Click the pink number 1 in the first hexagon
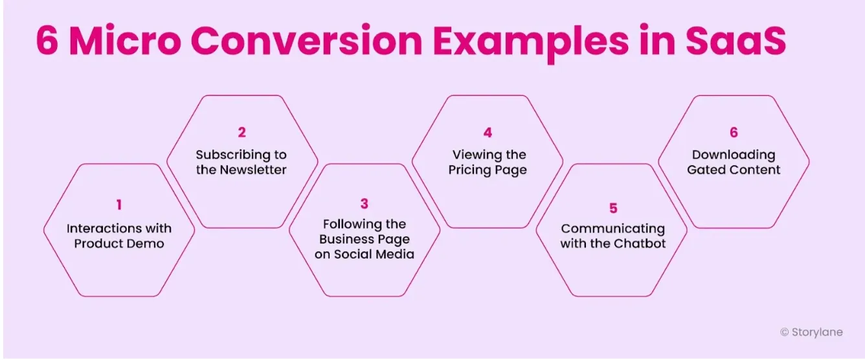[x=119, y=205]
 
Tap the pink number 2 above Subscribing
[x=242, y=133]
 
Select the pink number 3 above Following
[x=365, y=204]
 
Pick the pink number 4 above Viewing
[x=488, y=133]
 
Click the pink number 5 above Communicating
[x=613, y=208]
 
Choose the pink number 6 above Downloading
[x=734, y=133]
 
